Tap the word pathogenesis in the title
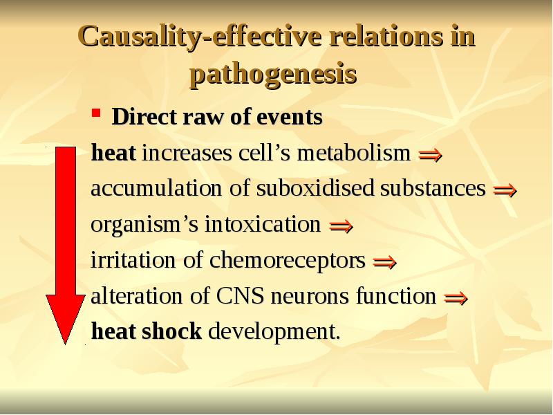(x=273, y=74)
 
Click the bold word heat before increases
(x=114, y=153)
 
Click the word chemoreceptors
(x=287, y=261)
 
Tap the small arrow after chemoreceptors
(x=384, y=263)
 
